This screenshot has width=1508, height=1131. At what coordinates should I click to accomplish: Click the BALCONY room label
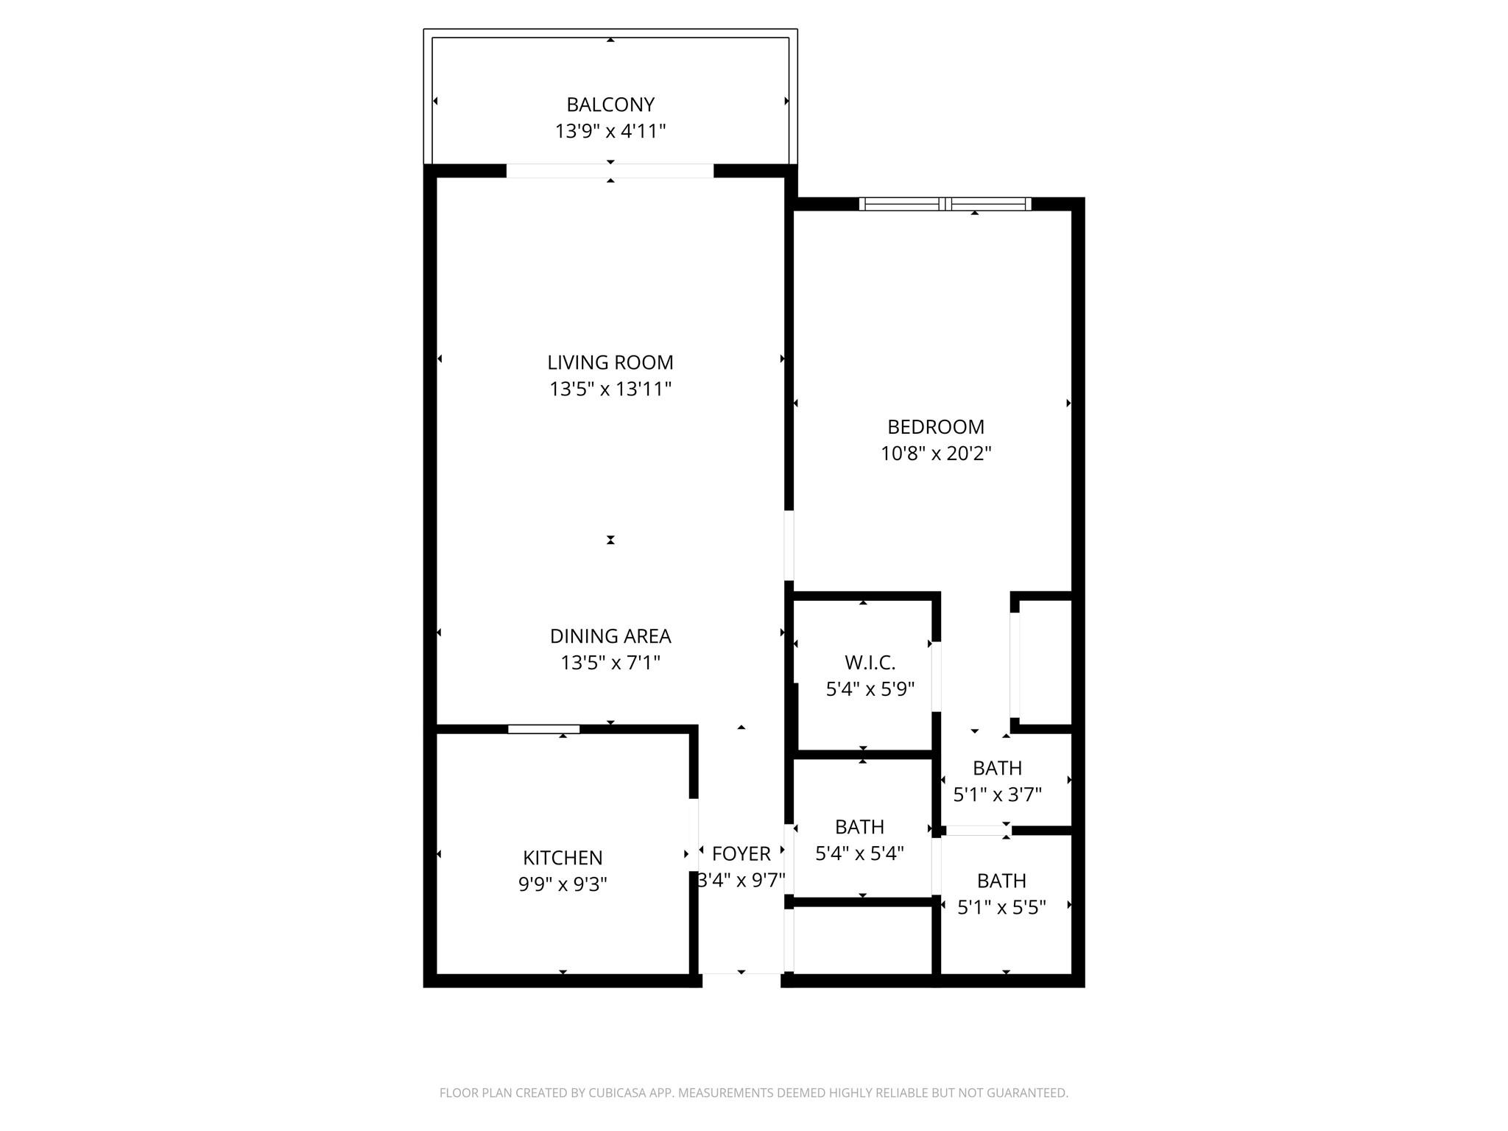pyautogui.click(x=610, y=105)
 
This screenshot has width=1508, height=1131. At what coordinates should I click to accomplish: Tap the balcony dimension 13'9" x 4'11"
pyautogui.click(x=610, y=131)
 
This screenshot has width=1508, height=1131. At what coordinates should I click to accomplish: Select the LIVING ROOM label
pyautogui.click(x=610, y=362)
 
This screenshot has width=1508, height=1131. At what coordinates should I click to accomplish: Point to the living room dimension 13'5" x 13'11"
pyautogui.click(x=610, y=389)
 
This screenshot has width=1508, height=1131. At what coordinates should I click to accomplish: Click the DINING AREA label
pyautogui.click(x=610, y=636)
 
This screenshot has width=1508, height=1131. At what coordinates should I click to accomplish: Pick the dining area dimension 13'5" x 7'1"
pyautogui.click(x=610, y=663)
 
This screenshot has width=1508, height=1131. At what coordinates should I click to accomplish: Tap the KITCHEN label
pyautogui.click(x=563, y=858)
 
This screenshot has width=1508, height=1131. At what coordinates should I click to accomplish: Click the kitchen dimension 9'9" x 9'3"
pyautogui.click(x=563, y=884)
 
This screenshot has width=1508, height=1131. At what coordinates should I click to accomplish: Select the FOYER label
pyautogui.click(x=741, y=853)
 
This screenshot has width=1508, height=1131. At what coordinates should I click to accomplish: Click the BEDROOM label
pyautogui.click(x=935, y=427)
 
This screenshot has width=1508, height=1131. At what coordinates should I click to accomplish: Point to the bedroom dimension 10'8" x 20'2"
pyautogui.click(x=935, y=453)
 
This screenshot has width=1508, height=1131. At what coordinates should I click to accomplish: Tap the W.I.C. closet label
pyautogui.click(x=870, y=663)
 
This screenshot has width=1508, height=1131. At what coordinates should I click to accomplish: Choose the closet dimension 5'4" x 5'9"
pyautogui.click(x=870, y=689)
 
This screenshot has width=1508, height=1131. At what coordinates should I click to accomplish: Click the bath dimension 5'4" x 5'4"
pyautogui.click(x=859, y=853)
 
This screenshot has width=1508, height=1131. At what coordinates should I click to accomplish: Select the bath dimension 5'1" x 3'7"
pyautogui.click(x=997, y=794)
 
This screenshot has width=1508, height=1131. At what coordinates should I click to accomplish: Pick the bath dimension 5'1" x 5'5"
pyautogui.click(x=1001, y=907)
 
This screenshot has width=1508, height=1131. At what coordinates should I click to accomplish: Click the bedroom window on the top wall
pyautogui.click(x=945, y=204)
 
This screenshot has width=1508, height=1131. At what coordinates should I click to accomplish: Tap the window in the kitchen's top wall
pyautogui.click(x=543, y=729)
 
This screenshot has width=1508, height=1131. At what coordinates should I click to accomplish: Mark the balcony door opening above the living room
pyautogui.click(x=610, y=171)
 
